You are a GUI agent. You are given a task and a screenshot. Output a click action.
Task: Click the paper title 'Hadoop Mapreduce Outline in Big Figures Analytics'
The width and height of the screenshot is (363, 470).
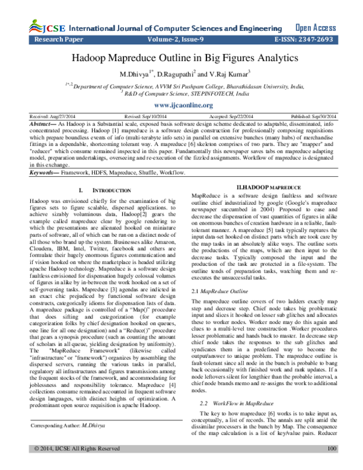click(x=181, y=58)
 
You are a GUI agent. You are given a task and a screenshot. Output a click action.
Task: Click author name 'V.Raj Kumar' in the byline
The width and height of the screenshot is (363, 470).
click(x=221, y=74)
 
